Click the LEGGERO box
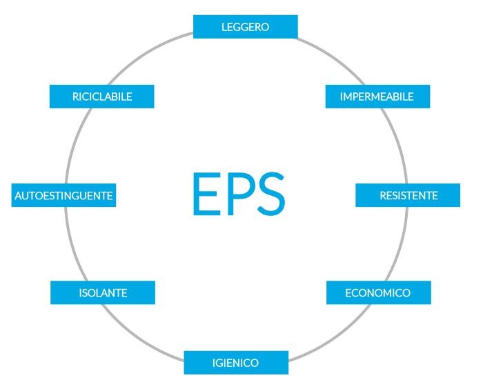[245, 27]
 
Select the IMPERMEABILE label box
[377, 97]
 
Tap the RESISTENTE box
[408, 195]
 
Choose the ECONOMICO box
[378, 292]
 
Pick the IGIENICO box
[236, 363]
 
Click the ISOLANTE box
[103, 292]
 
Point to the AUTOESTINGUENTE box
[63, 195]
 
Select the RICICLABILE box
[101, 97]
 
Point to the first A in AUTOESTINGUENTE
[19, 196]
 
